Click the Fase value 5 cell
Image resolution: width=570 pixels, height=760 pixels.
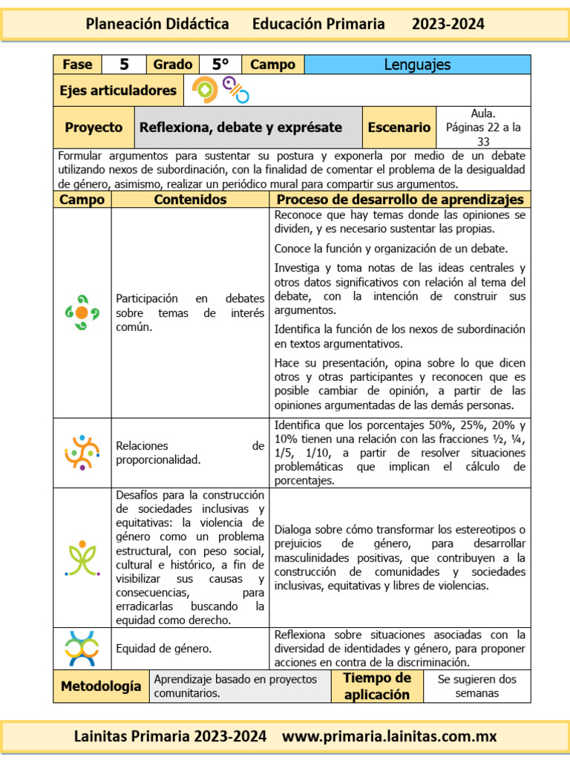125,65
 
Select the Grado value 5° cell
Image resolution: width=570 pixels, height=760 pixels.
220,65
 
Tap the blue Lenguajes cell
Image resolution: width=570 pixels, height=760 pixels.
417,65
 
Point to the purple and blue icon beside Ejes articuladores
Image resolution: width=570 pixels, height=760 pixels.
236,90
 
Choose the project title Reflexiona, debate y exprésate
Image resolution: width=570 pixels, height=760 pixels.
240,128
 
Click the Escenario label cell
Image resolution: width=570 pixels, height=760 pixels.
399,128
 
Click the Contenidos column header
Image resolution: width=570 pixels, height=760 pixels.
190,200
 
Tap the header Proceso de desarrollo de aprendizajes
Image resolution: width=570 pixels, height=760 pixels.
400,200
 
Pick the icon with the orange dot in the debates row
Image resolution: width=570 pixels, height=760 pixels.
82,312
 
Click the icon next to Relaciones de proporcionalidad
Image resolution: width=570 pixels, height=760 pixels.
82,452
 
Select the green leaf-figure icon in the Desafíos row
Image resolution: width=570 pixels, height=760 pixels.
82,557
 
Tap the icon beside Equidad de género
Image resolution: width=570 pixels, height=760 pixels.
82,648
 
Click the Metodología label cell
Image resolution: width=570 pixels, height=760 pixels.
101,687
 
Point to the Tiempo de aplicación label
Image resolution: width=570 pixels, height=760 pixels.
377,687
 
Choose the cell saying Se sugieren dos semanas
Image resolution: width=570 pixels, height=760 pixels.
476,687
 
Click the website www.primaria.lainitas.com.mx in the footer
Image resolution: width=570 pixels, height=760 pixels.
389,737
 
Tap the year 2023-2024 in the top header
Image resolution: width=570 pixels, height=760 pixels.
448,24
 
